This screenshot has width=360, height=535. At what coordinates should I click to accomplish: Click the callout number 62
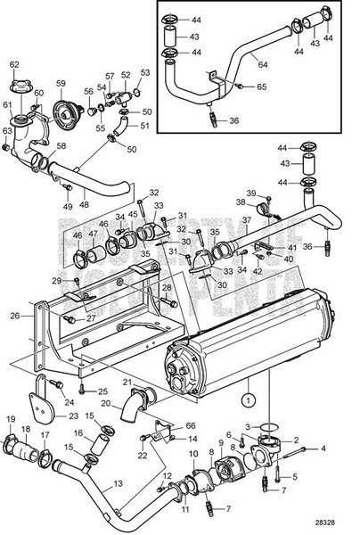tap(13, 64)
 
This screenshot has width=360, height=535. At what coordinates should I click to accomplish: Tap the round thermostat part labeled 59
tap(61, 97)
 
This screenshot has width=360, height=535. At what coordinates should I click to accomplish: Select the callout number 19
tap(12, 419)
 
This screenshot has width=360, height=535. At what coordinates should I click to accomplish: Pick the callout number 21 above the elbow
tap(127, 383)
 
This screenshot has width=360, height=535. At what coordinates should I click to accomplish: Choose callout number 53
tap(145, 72)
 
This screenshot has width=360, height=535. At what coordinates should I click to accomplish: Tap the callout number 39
tap(252, 193)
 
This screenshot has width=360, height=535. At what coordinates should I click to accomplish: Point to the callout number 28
tap(166, 287)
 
